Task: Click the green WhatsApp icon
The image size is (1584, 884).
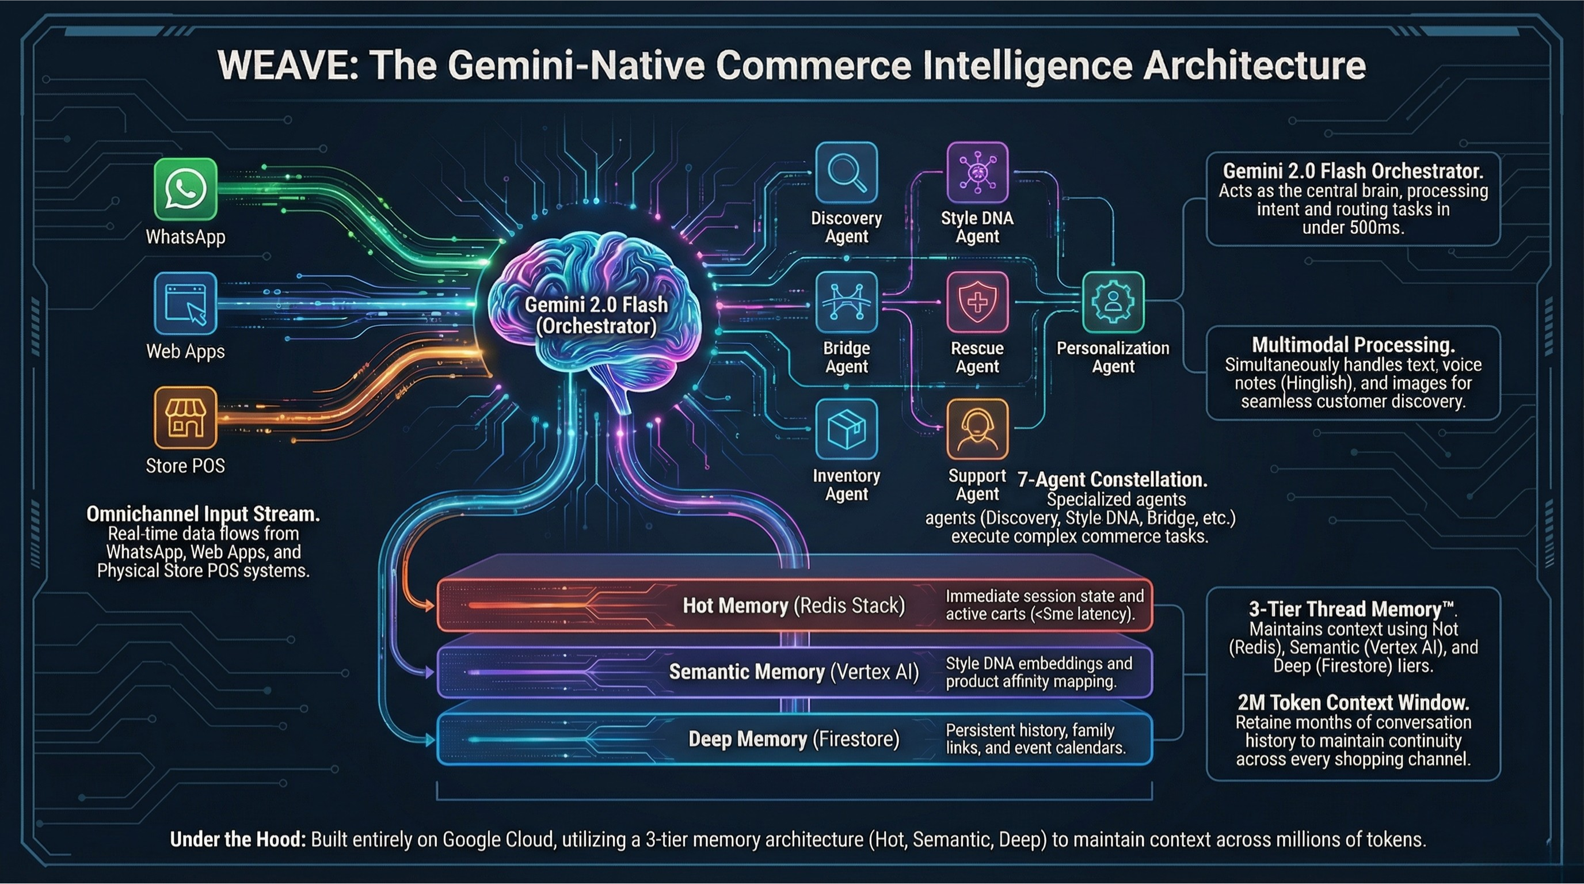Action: [185, 189]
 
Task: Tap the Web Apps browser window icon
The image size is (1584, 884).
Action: [185, 304]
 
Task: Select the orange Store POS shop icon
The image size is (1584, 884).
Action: [185, 417]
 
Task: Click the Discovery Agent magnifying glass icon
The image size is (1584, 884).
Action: [846, 172]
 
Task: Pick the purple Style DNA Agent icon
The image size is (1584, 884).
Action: [977, 172]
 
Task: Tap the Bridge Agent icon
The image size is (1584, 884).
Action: [846, 303]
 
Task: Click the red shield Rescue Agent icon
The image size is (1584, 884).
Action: [977, 303]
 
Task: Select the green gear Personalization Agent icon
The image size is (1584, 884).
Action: [1113, 303]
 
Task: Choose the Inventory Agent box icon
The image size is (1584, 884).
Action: [846, 429]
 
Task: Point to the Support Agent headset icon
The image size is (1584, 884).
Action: [977, 429]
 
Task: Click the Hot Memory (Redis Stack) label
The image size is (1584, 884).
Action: [793, 605]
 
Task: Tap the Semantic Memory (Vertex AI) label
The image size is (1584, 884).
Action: [793, 672]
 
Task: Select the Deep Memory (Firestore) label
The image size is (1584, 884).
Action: [793, 739]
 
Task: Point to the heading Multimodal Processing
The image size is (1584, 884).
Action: [1353, 344]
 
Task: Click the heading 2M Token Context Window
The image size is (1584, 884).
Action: [1353, 702]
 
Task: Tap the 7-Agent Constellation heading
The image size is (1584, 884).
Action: [1113, 479]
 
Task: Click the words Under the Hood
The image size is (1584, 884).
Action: [237, 840]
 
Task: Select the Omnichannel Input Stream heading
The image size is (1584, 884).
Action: [203, 514]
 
